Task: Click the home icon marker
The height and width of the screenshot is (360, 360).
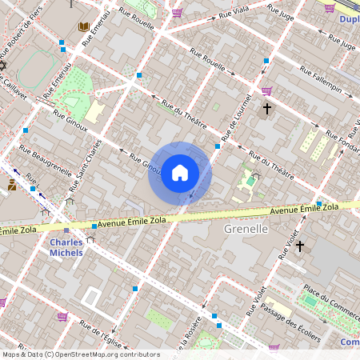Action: [x=180, y=173]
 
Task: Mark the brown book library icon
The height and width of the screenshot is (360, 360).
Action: [x=84, y=28]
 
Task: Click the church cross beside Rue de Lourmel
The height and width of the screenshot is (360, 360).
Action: [x=267, y=108]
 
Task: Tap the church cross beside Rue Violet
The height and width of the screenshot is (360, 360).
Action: [x=300, y=246]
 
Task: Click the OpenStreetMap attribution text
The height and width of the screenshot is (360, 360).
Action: [x=81, y=354]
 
